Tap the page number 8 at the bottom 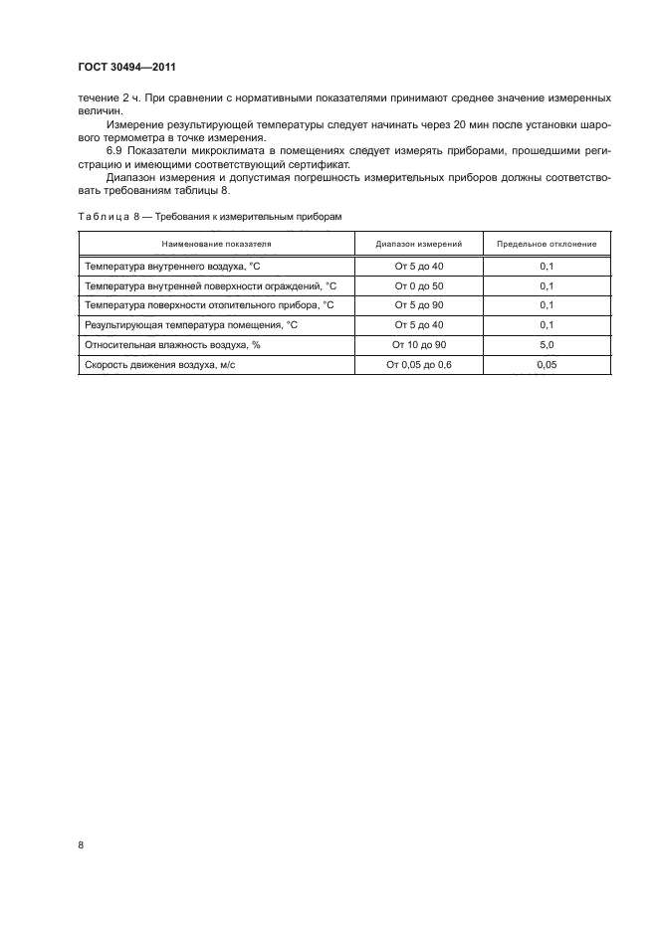81,845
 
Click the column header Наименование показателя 215,243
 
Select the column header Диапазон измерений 418,243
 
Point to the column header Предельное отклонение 546,243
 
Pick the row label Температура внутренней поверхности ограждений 211,285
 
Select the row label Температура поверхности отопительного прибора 209,305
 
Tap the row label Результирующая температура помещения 187,325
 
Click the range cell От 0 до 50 418,285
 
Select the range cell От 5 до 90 418,305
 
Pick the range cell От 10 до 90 418,345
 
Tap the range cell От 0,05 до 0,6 418,365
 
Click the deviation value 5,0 546,345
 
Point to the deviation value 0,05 546,365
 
